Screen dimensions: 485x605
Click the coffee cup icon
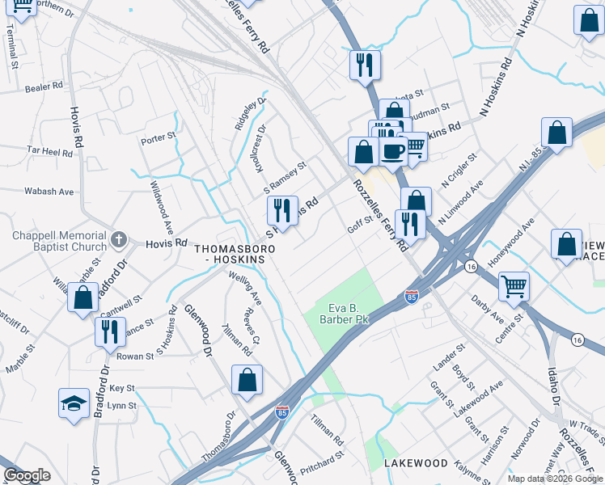[x=393, y=151]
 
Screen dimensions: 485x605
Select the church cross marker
[x=119, y=239]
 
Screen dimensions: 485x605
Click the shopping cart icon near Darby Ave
[x=514, y=285]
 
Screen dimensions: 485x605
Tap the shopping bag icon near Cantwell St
[x=83, y=297]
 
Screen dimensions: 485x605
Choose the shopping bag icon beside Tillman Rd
[x=247, y=380]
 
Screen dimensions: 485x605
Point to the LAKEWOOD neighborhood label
[x=416, y=463]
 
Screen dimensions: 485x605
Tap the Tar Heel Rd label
[x=50, y=150]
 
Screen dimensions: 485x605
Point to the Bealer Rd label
[x=44, y=86]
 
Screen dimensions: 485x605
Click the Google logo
[x=27, y=476]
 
